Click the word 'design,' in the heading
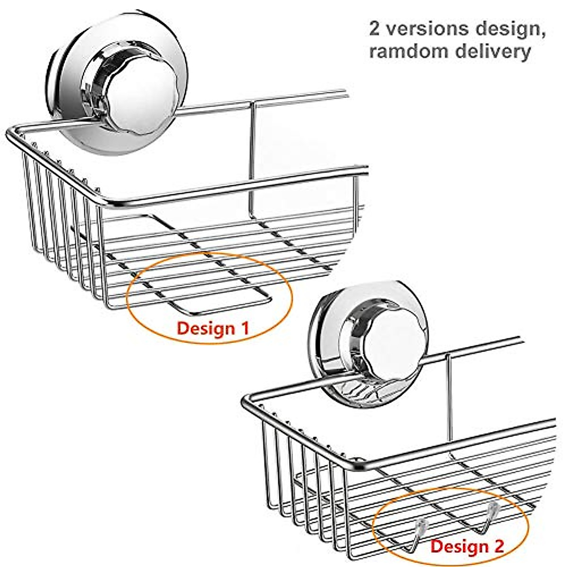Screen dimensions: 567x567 (x=507, y=29)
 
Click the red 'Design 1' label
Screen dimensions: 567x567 (x=212, y=327)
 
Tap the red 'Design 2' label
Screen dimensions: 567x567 (x=467, y=546)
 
